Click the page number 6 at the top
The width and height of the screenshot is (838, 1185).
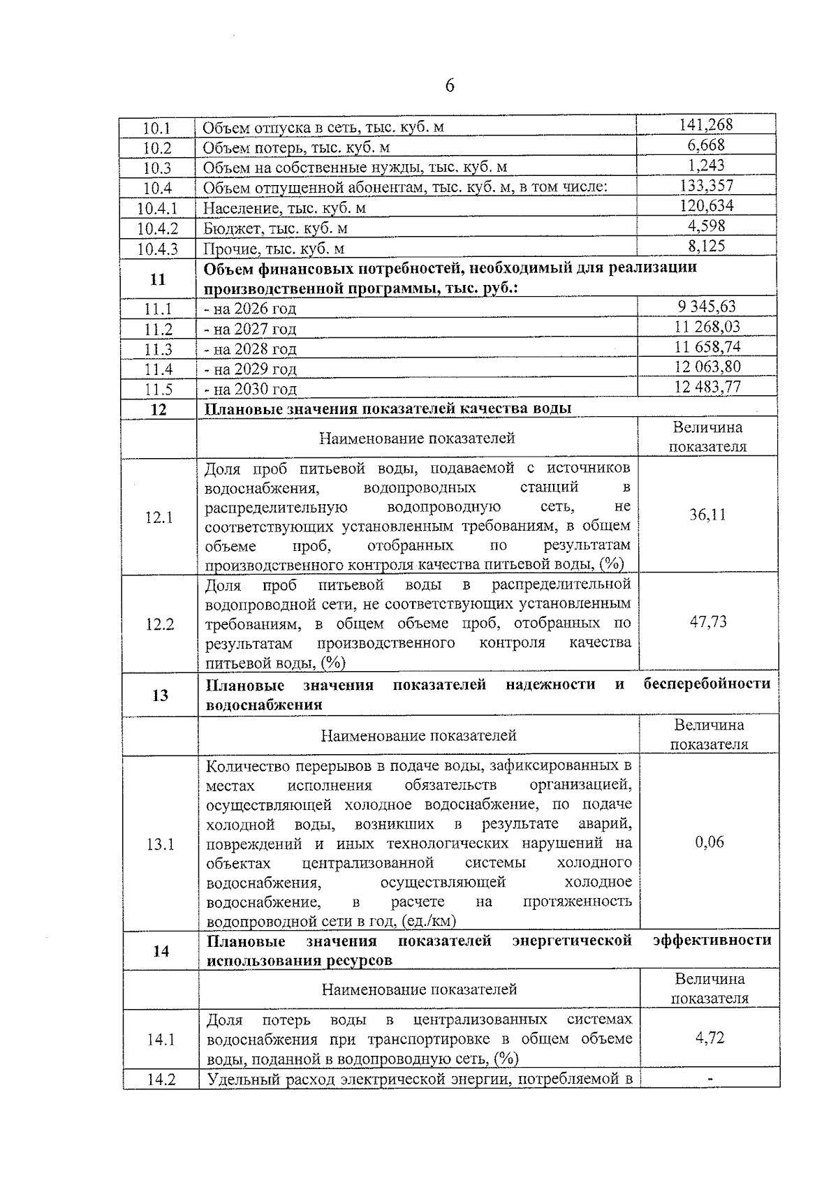449,86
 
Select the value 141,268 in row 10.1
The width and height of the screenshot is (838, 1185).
706,125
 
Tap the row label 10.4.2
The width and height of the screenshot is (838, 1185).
157,228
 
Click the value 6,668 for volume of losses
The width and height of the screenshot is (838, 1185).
706,145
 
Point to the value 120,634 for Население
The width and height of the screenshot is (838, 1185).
706,205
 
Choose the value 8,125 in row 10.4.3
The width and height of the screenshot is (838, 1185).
706,246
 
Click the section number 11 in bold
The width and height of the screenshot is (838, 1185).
158,279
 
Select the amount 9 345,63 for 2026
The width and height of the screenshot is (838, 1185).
706,307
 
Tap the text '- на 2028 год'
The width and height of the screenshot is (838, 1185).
250,349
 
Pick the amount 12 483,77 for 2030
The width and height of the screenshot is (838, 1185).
707,387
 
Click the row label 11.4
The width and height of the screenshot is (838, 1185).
158,369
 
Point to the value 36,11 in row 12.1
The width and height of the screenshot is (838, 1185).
707,515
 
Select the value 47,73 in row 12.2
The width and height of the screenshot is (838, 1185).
708,622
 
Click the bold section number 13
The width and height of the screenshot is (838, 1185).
160,695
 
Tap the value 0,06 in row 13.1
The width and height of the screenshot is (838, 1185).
710,843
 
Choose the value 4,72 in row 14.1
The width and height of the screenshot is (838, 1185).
710,1038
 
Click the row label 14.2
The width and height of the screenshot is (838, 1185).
161,1080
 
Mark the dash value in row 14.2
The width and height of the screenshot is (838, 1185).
710,1080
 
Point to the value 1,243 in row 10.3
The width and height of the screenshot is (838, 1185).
706,165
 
